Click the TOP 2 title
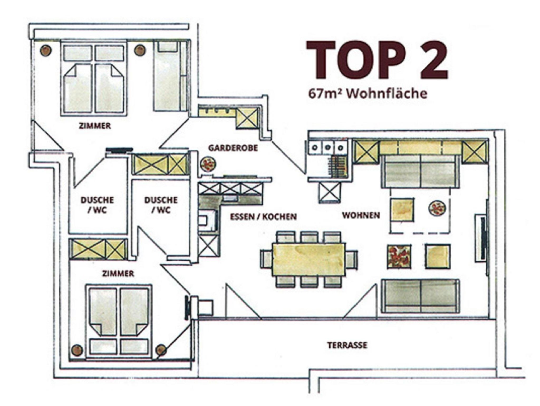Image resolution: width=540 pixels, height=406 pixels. click(377, 60)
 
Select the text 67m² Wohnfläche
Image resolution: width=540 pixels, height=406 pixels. click(368, 93)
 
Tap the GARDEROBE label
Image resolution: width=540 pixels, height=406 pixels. click(233, 148)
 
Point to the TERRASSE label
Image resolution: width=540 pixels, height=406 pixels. click(347, 345)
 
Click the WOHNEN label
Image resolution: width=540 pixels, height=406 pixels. click(361, 215)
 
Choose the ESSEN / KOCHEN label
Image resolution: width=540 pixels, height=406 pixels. click(263, 217)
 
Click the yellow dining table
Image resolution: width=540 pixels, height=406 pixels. click(309, 259)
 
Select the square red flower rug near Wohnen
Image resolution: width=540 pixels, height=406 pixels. click(399, 257)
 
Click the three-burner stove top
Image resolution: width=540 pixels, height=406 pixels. click(327, 147)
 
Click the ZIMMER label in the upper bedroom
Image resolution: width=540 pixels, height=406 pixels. click(95, 126)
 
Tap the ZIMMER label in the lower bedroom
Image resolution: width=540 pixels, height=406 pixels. click(118, 274)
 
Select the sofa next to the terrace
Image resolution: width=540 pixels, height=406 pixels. click(420, 296)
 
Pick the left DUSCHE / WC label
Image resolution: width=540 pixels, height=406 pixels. click(97, 205)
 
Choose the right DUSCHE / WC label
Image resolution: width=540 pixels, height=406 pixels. click(161, 205)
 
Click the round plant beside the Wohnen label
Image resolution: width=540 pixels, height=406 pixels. click(437, 208)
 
